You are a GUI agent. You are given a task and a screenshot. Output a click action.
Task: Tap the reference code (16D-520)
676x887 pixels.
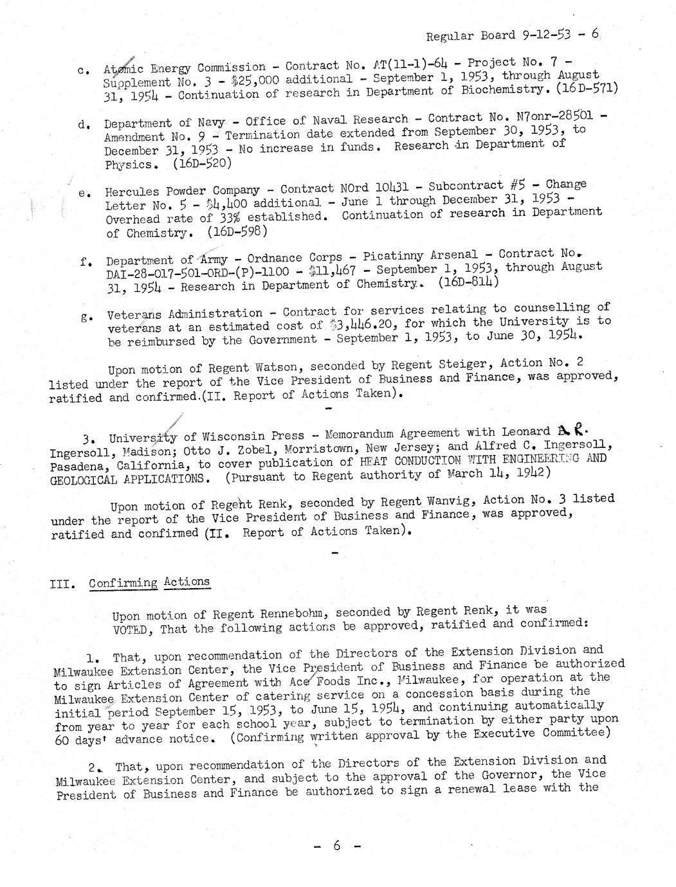pyautogui.click(x=202, y=163)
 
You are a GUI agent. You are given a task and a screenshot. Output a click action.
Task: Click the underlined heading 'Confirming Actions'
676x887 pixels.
pyautogui.click(x=149, y=583)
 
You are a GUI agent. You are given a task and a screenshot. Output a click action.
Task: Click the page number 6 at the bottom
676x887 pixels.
pyautogui.click(x=336, y=847)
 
